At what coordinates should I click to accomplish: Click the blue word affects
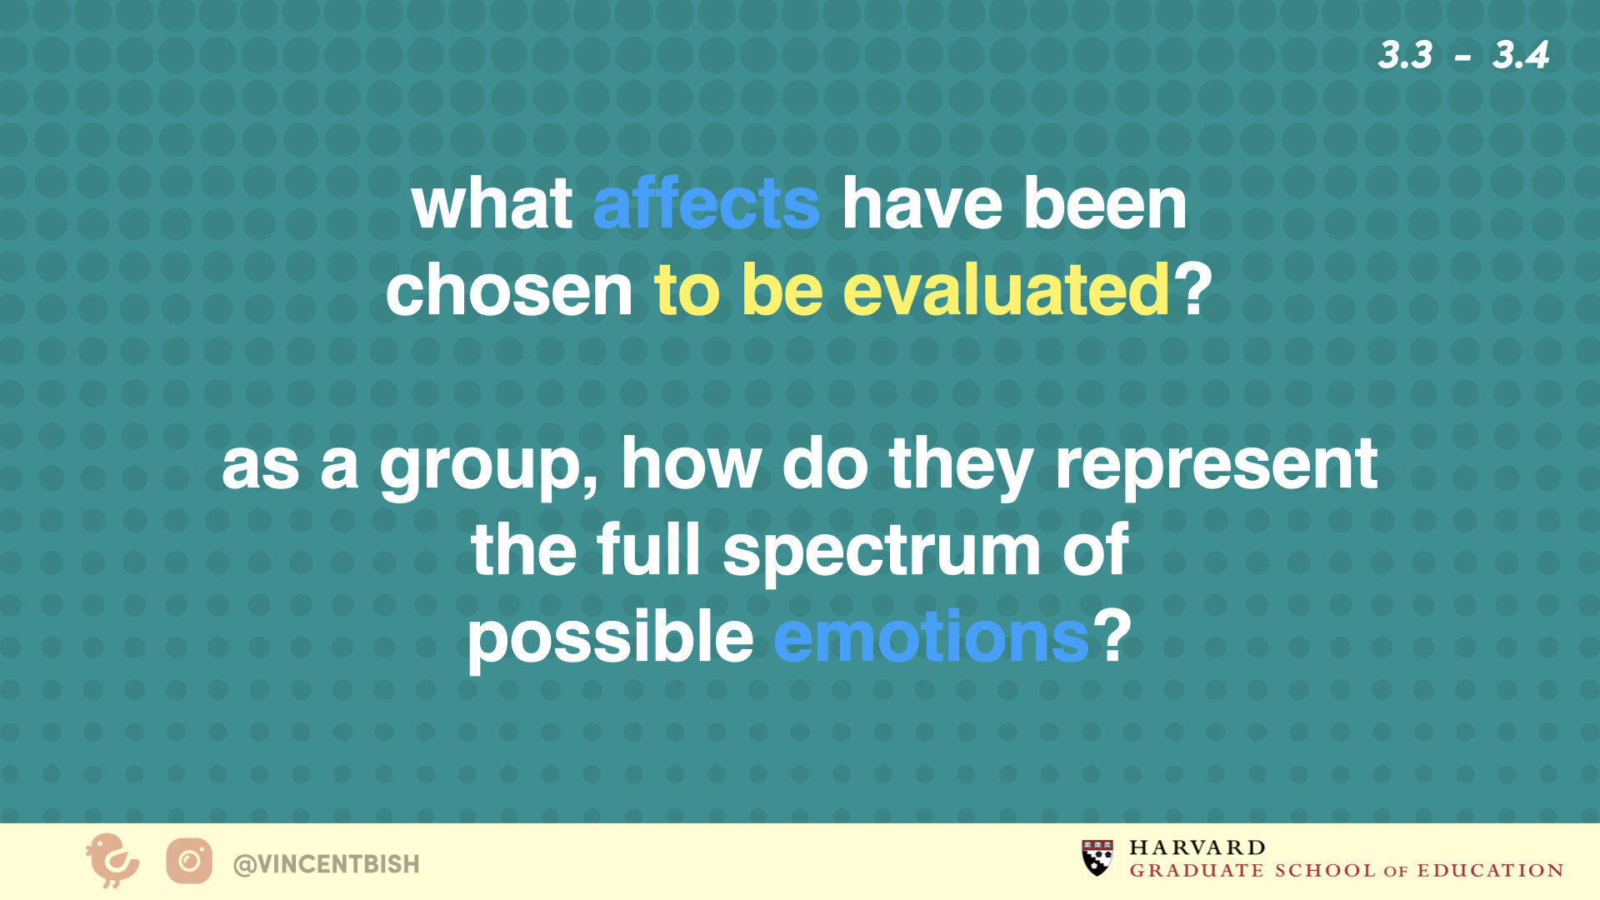coord(706,203)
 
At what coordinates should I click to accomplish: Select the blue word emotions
coord(932,637)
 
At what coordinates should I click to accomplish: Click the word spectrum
coord(882,550)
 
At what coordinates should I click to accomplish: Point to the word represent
coord(1216,464)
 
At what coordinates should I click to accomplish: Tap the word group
coord(488,467)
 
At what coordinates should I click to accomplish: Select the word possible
coord(611,637)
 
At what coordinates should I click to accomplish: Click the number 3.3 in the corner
coord(1405,56)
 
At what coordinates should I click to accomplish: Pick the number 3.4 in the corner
coord(1521,56)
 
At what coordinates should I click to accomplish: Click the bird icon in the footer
coord(112,861)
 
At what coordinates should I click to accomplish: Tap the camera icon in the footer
coord(189,861)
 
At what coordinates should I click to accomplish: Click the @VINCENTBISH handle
coord(327,864)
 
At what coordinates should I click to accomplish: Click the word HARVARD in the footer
coord(1197,847)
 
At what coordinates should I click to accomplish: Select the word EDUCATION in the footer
coord(1490,871)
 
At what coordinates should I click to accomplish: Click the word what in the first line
coord(492,203)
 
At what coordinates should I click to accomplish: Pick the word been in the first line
coord(1105,203)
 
